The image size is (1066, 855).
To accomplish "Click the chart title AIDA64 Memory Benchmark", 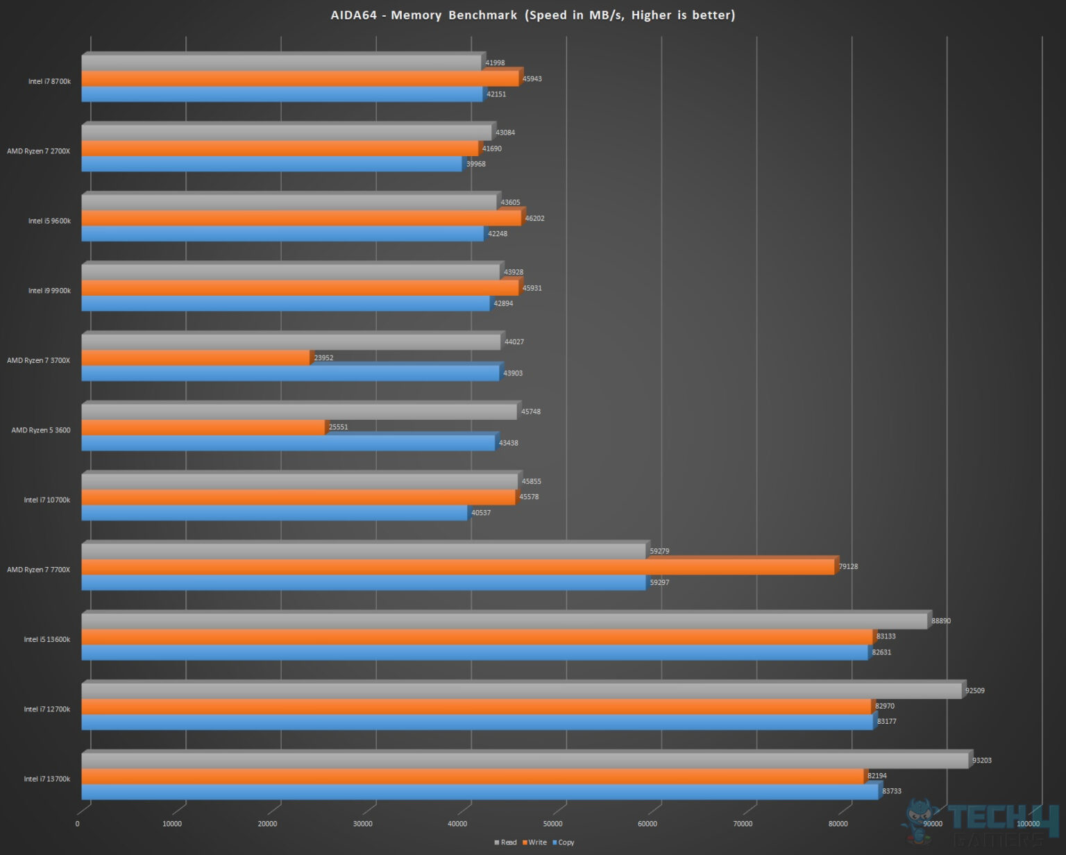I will point(532,15).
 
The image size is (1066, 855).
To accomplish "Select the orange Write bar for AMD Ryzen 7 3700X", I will point(196,358).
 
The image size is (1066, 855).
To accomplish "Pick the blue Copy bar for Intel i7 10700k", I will point(274,513).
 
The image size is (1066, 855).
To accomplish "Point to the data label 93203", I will point(981,761).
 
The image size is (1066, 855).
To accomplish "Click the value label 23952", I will point(323,358).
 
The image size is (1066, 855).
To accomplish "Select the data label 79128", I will point(848,567).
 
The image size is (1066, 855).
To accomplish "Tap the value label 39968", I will point(475,164).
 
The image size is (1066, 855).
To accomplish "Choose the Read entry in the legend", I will point(506,843).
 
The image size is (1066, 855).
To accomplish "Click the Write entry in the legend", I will point(535,843).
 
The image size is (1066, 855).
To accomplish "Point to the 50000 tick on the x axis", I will point(552,824).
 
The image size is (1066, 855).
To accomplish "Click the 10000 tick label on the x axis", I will point(172,824).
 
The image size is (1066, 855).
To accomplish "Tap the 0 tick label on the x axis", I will point(77,824).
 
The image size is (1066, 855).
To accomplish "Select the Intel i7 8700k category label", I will point(49,82).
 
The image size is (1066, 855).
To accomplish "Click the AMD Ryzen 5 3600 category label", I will point(41,430).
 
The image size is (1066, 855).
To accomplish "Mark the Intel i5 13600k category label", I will point(46,640).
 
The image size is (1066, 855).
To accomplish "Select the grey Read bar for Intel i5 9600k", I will point(289,203).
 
